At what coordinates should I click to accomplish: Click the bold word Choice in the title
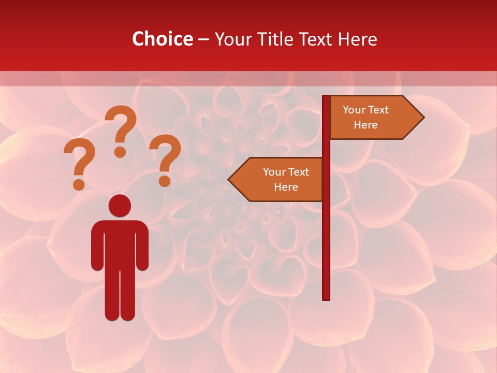(x=162, y=39)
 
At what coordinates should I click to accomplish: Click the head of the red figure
(x=120, y=206)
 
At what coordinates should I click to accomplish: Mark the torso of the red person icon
(x=120, y=243)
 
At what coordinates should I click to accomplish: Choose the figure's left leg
(x=112, y=295)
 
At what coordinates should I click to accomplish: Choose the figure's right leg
(x=127, y=295)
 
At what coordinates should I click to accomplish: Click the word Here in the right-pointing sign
(x=366, y=125)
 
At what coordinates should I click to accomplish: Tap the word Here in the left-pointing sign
(x=286, y=187)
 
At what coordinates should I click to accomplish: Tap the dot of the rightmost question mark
(x=165, y=181)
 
